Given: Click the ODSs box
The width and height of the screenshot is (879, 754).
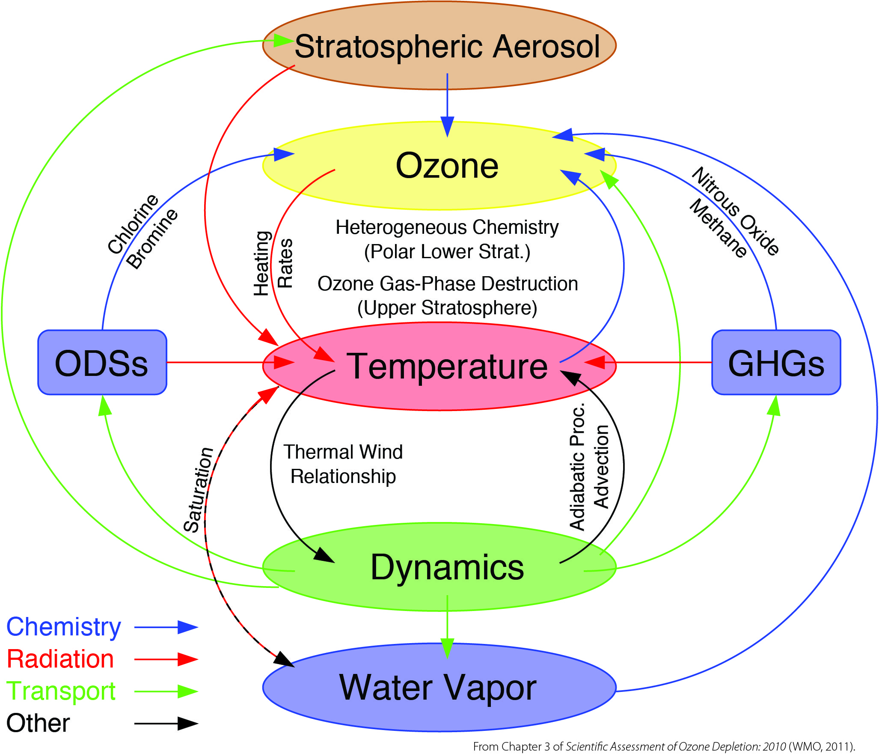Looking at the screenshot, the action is coord(102,362).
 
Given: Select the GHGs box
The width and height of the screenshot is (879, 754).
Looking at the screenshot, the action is coord(776,362).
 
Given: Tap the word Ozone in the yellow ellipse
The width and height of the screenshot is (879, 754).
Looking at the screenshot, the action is coord(447,166).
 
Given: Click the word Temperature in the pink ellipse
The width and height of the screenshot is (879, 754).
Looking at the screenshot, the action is coord(447,366).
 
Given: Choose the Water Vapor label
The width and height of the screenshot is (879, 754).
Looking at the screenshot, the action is coord(438,688).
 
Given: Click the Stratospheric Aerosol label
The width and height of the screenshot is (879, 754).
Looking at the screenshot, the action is coord(447,46).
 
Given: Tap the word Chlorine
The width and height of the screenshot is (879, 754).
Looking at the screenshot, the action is coord(133,224).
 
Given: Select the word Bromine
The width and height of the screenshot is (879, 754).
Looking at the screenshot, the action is coord(152,238).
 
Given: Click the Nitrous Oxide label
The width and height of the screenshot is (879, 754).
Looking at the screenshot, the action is coord(736,212).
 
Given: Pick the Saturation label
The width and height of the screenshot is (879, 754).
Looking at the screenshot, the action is coord(199,489).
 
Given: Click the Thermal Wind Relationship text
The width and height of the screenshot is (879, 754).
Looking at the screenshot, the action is coord(343,464).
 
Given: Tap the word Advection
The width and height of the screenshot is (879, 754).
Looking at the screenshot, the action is coord(601,467).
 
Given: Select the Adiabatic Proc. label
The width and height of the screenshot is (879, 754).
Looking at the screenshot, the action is coord(577,467).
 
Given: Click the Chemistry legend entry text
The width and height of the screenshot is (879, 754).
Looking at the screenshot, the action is coord(64,627).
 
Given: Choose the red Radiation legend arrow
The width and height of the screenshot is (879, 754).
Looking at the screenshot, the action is coord(166,659).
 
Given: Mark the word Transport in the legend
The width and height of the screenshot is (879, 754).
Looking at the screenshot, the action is coord(61,691).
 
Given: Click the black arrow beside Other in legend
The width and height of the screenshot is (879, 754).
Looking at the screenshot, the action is coord(166,724).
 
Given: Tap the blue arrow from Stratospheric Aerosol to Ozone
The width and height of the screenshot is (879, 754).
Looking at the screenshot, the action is coord(447,105).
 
